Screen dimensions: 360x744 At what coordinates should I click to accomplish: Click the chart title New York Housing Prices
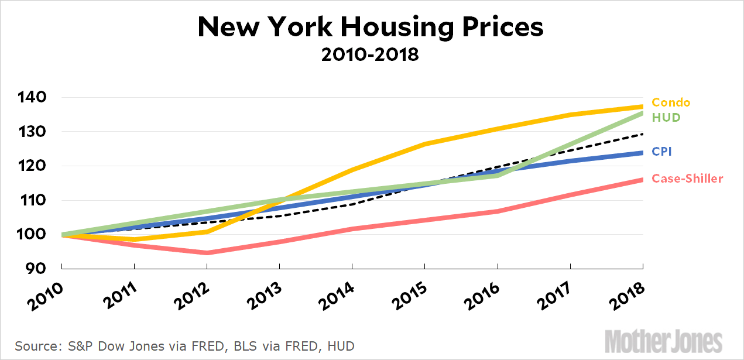[x=371, y=28]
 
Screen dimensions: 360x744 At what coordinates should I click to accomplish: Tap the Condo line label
[x=670, y=102]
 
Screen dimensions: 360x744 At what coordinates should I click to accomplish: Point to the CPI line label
[x=661, y=152]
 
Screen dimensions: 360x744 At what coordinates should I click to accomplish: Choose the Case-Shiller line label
[x=687, y=179]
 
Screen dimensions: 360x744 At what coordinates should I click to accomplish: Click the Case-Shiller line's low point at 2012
[x=207, y=253]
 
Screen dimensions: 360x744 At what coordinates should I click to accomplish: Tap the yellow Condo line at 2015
[x=425, y=143]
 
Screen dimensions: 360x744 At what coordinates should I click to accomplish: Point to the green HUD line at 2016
[x=498, y=174]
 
